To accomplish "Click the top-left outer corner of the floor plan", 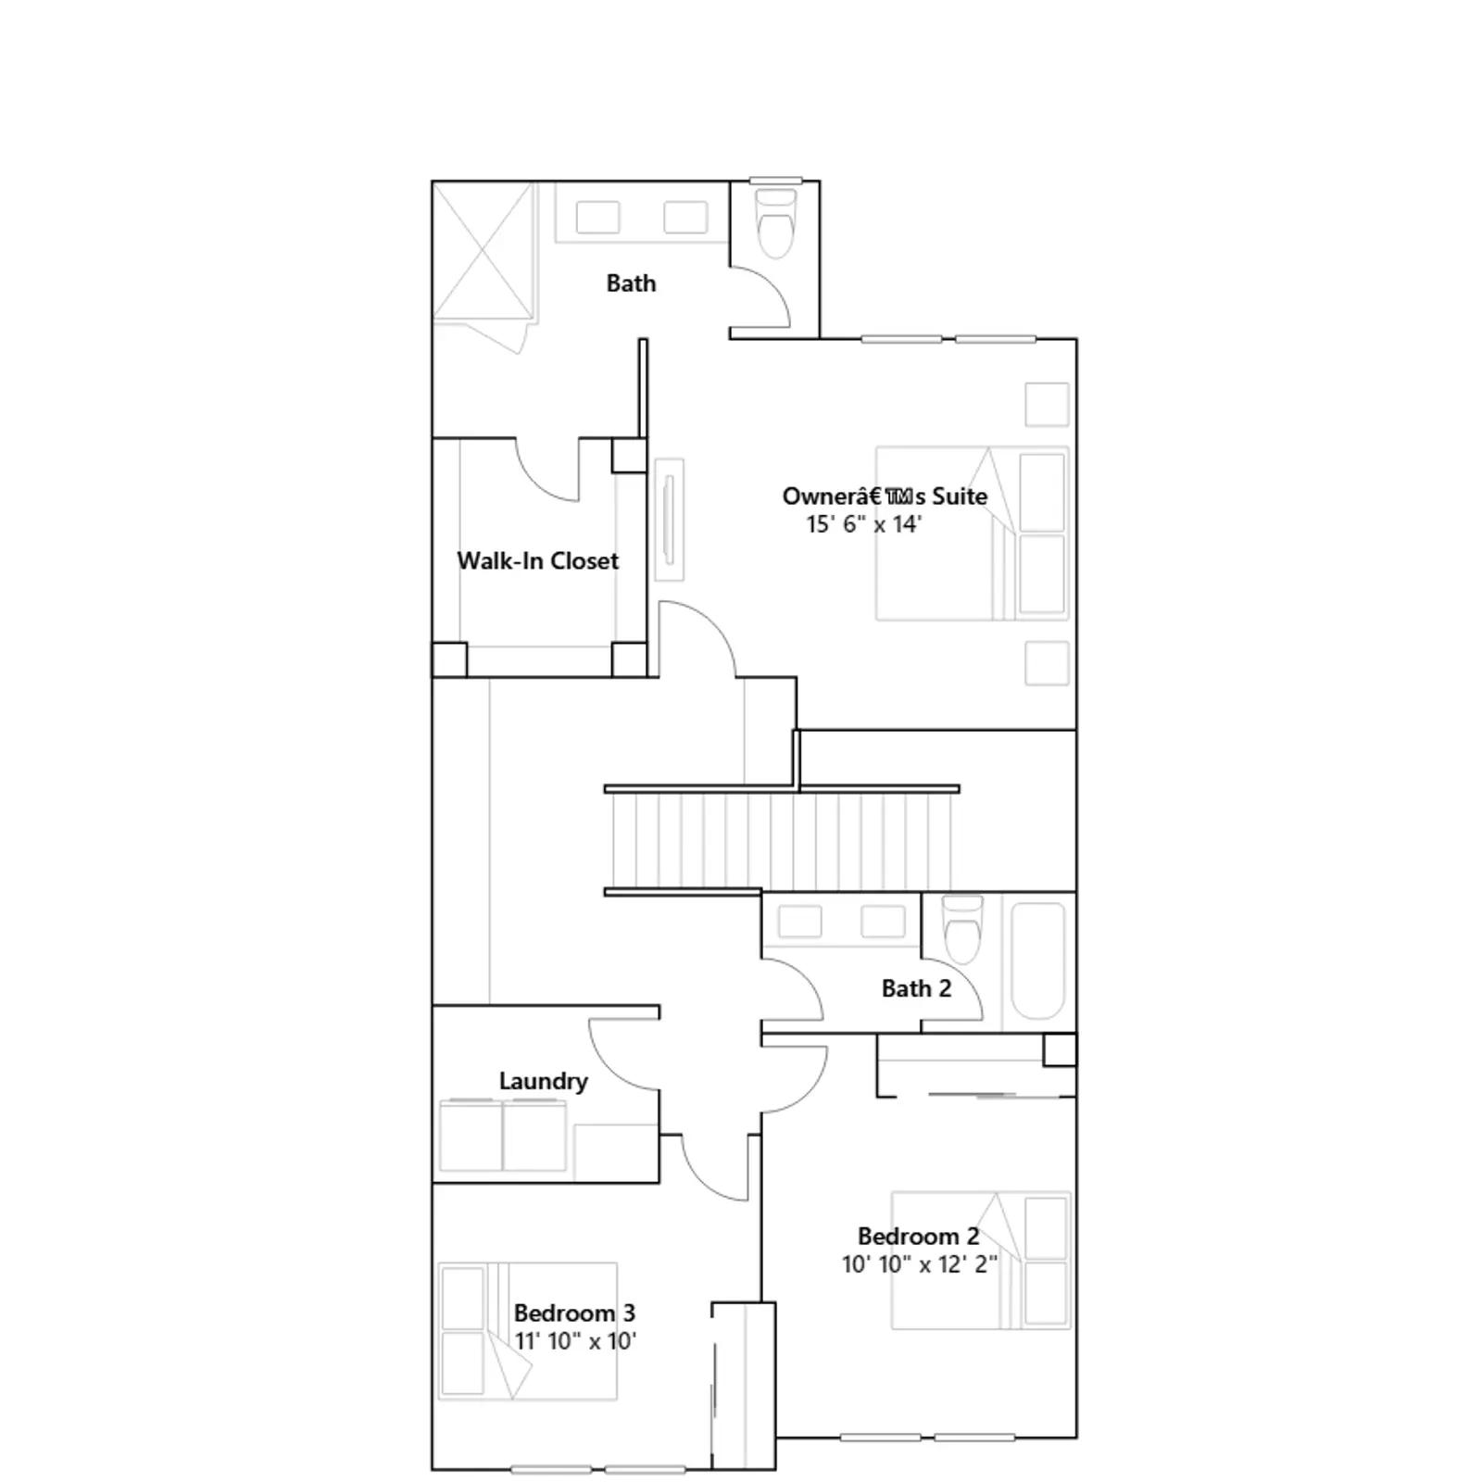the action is pos(433,182).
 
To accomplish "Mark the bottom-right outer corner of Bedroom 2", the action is pos(1076,1438).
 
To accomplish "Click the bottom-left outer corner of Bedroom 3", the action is pos(433,1469).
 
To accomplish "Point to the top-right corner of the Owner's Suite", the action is pos(1076,339).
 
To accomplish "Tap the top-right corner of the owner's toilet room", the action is pos(820,182).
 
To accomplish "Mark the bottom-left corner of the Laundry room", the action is pos(433,1183).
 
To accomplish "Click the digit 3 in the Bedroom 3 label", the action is pos(629,1312).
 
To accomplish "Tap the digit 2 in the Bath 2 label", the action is pos(945,988).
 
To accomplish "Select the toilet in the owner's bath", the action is pos(775,223).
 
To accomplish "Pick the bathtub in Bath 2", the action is pos(1037,962).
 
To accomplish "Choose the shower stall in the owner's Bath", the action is pos(484,252).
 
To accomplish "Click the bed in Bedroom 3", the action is pos(528,1331).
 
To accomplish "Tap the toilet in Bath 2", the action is pos(961,930).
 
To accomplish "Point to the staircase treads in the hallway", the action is pos(780,840).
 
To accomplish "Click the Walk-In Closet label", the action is pos(538,560).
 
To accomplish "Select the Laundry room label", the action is pos(544,1081).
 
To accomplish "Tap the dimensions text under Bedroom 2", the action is pos(920,1264).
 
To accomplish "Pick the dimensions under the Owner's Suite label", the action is pos(864,524).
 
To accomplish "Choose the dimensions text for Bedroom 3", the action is pos(575,1341).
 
